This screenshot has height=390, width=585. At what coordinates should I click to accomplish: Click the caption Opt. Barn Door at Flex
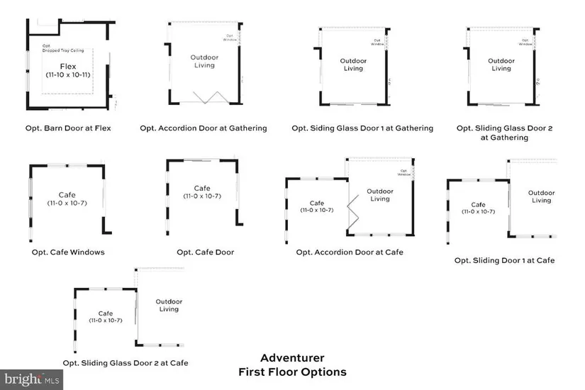68,128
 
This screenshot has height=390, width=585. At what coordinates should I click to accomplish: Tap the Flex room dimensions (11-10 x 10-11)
67,74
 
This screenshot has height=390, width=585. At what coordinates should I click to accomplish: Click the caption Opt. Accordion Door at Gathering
204,128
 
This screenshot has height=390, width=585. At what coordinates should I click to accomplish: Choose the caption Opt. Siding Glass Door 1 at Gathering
362,128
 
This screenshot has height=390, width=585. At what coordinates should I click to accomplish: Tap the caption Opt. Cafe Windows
68,252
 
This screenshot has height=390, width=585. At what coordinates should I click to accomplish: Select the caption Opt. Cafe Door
206,252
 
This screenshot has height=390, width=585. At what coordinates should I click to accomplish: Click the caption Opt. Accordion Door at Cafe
350,252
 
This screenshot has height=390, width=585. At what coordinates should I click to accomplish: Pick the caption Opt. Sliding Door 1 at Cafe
505,260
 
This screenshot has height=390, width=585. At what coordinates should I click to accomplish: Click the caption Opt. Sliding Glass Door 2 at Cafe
126,362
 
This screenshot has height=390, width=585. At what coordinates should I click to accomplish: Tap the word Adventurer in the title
292,358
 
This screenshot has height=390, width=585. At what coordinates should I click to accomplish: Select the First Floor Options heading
292,372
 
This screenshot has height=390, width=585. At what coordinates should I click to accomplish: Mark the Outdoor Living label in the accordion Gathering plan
204,61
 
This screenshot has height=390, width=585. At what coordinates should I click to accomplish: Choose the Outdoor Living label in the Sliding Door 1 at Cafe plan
542,196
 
